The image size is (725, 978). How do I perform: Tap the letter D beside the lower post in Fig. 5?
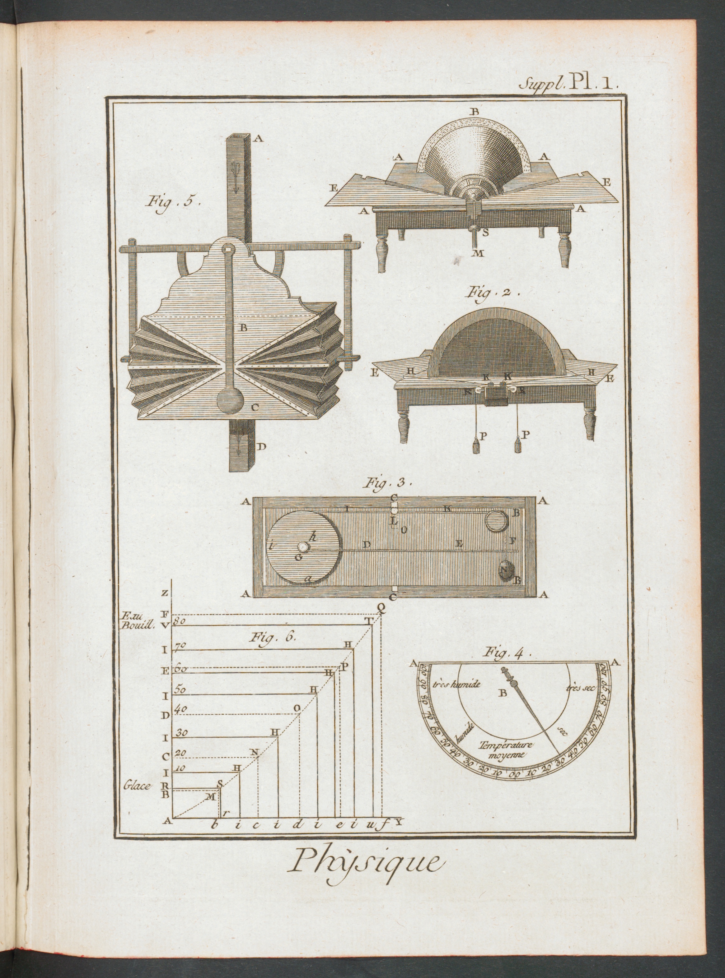coord(262,447)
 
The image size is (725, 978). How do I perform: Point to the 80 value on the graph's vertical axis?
coord(180,621)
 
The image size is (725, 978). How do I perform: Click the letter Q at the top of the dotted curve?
coord(381,606)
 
